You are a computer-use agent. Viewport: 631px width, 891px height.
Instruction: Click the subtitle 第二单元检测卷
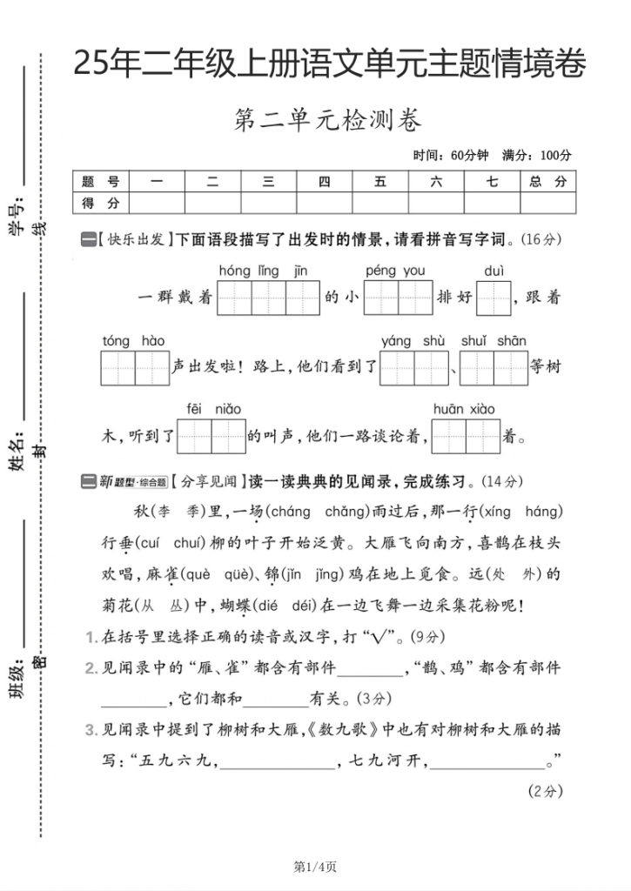pyautogui.click(x=327, y=122)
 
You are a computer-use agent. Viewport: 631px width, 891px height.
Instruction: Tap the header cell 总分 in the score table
pyautogui.click(x=547, y=182)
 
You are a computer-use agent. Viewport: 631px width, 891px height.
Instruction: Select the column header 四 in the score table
pyautogui.click(x=324, y=182)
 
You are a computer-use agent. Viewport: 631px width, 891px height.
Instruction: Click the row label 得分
pyautogui.click(x=100, y=204)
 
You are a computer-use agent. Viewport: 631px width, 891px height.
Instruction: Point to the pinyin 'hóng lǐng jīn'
pyautogui.click(x=263, y=271)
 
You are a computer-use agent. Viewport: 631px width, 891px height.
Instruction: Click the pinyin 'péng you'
pyautogui.click(x=395, y=271)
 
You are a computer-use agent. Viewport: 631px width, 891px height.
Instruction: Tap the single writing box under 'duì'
pyautogui.click(x=493, y=298)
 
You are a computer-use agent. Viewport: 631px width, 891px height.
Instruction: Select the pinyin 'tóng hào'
pyautogui.click(x=133, y=341)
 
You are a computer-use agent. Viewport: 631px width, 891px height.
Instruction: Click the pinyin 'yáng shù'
pyautogui.click(x=413, y=341)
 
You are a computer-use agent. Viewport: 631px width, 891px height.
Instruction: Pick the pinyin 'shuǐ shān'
pyautogui.click(x=493, y=341)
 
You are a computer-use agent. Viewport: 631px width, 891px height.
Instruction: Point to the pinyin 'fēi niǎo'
pyautogui.click(x=213, y=409)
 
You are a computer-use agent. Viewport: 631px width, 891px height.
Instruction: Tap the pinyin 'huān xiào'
pyautogui.click(x=464, y=409)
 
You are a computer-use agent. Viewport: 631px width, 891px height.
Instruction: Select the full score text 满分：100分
pyautogui.click(x=537, y=156)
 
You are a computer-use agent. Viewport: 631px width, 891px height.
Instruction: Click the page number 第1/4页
pyautogui.click(x=315, y=867)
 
